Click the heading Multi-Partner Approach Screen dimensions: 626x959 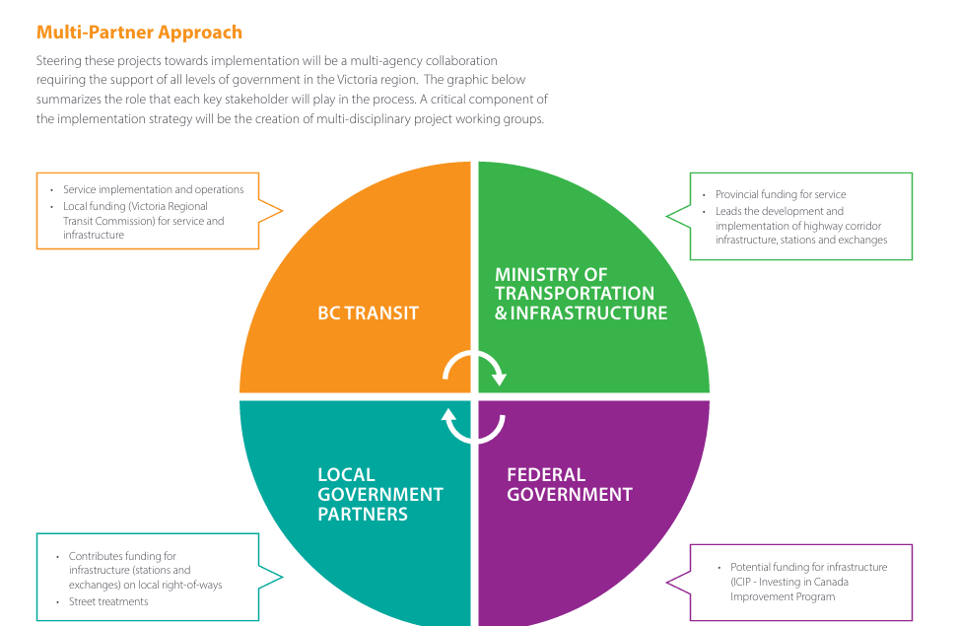[139, 34]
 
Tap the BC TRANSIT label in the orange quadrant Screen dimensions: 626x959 [368, 313]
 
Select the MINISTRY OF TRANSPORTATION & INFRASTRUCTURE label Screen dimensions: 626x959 [581, 294]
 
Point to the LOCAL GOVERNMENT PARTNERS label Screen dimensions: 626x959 [379, 494]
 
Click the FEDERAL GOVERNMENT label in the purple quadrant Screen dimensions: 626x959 [569, 484]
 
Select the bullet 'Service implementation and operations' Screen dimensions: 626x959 [153, 189]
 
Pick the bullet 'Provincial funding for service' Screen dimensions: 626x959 [781, 194]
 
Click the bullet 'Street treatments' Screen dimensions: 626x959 [108, 601]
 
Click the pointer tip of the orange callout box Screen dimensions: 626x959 [282, 210]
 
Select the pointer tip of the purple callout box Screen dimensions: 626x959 [667, 583]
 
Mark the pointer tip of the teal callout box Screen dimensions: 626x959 [282, 579]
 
